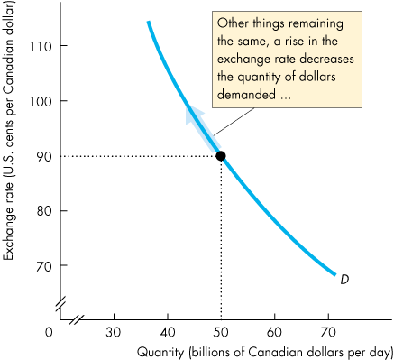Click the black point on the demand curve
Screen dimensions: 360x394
221,156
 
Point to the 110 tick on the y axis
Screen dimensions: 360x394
43,46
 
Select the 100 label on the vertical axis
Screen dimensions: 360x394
43,101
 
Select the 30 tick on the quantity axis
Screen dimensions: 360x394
114,331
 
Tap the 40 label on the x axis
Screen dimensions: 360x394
168,331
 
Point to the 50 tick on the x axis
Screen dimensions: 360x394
221,331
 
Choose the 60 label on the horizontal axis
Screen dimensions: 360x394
275,331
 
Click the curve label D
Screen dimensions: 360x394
344,280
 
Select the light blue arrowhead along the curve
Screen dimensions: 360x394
192,112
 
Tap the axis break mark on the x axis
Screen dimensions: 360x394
78,318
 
